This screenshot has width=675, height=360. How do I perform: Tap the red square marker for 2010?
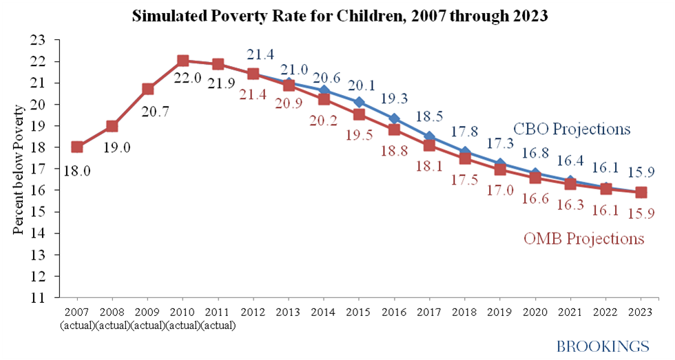[183, 61]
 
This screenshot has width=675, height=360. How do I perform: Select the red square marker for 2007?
[77, 147]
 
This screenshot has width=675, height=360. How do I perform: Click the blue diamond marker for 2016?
[394, 118]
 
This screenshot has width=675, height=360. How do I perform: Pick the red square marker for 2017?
[429, 145]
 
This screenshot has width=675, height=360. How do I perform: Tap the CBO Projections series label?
[572, 129]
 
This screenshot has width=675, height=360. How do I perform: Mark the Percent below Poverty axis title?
[20, 169]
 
